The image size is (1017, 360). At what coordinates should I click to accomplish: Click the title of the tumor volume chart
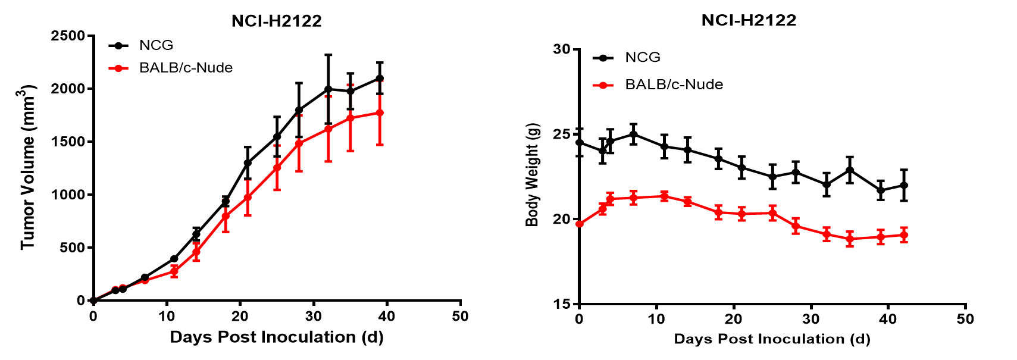[x=277, y=21]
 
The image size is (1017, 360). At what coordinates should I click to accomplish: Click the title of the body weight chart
[x=749, y=20]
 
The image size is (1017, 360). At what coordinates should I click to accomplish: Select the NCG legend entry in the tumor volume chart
[x=141, y=45]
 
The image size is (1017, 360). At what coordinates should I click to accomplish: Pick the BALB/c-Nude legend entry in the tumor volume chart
[x=171, y=68]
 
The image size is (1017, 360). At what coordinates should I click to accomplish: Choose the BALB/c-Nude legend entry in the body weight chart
[x=658, y=84]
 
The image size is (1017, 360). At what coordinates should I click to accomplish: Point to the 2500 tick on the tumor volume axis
[x=68, y=36]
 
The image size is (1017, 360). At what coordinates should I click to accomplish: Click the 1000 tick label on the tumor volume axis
[x=68, y=195]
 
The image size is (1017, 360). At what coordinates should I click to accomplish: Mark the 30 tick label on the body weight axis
[x=561, y=49]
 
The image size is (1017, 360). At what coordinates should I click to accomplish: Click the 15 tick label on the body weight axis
[x=561, y=303]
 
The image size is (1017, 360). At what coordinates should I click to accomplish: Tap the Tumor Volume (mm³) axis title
[x=27, y=167]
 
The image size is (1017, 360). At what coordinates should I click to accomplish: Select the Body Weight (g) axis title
[x=531, y=175]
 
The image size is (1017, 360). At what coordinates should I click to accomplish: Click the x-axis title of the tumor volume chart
[x=277, y=337]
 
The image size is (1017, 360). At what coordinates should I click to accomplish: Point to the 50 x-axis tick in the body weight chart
[x=965, y=319]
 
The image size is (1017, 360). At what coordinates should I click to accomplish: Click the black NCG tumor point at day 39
[x=380, y=79]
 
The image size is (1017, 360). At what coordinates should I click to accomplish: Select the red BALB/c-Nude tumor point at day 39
[x=380, y=112]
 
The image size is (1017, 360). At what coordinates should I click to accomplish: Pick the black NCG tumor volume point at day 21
[x=248, y=163]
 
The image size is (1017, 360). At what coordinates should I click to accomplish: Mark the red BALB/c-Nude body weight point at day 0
[x=580, y=223]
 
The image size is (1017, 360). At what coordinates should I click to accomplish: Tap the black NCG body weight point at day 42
[x=904, y=185]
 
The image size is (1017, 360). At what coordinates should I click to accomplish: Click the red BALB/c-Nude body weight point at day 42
[x=904, y=235]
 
